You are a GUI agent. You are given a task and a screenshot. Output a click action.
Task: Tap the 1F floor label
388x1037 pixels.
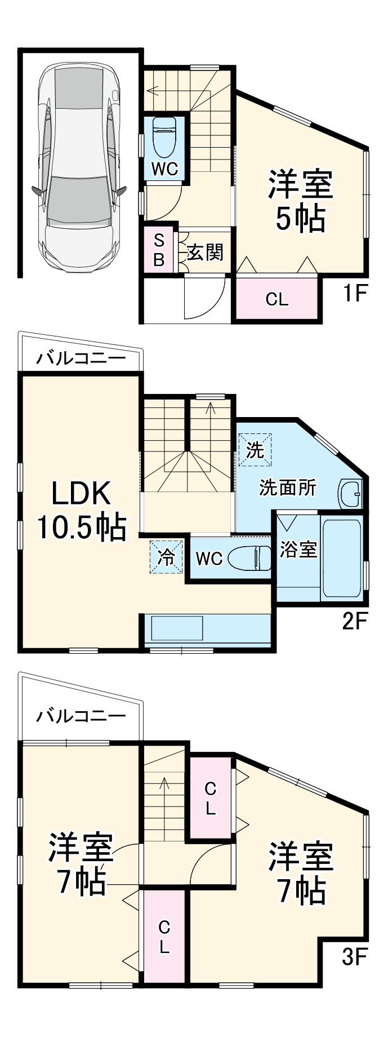pos(355,294)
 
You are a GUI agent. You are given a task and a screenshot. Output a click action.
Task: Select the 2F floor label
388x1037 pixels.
pos(355,621)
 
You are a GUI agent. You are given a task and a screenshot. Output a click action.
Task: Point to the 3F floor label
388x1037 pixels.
pos(355,956)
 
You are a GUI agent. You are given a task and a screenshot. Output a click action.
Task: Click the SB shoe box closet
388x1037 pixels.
pos(159,250)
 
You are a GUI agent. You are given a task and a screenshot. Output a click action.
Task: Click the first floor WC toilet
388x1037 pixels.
pos(165,138)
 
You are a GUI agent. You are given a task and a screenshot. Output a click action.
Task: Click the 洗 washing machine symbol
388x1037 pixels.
pos(255,449)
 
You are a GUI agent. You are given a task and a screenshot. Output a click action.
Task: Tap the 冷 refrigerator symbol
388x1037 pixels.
pos(167,557)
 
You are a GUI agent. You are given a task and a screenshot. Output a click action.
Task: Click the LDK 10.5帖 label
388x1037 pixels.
pos(81,511)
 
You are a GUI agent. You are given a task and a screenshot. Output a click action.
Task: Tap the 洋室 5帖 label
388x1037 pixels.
pos(300,201)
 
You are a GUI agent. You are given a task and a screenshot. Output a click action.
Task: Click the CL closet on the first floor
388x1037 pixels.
pos(277,299)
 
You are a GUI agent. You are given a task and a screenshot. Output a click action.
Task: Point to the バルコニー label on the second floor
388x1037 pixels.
pos(81,358)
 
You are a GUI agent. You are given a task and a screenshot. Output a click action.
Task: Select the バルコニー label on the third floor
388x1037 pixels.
pos(81,716)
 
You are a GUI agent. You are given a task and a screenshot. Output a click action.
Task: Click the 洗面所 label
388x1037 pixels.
pos(288,488)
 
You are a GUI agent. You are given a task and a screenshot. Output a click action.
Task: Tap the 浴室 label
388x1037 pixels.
pos(298,549)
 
